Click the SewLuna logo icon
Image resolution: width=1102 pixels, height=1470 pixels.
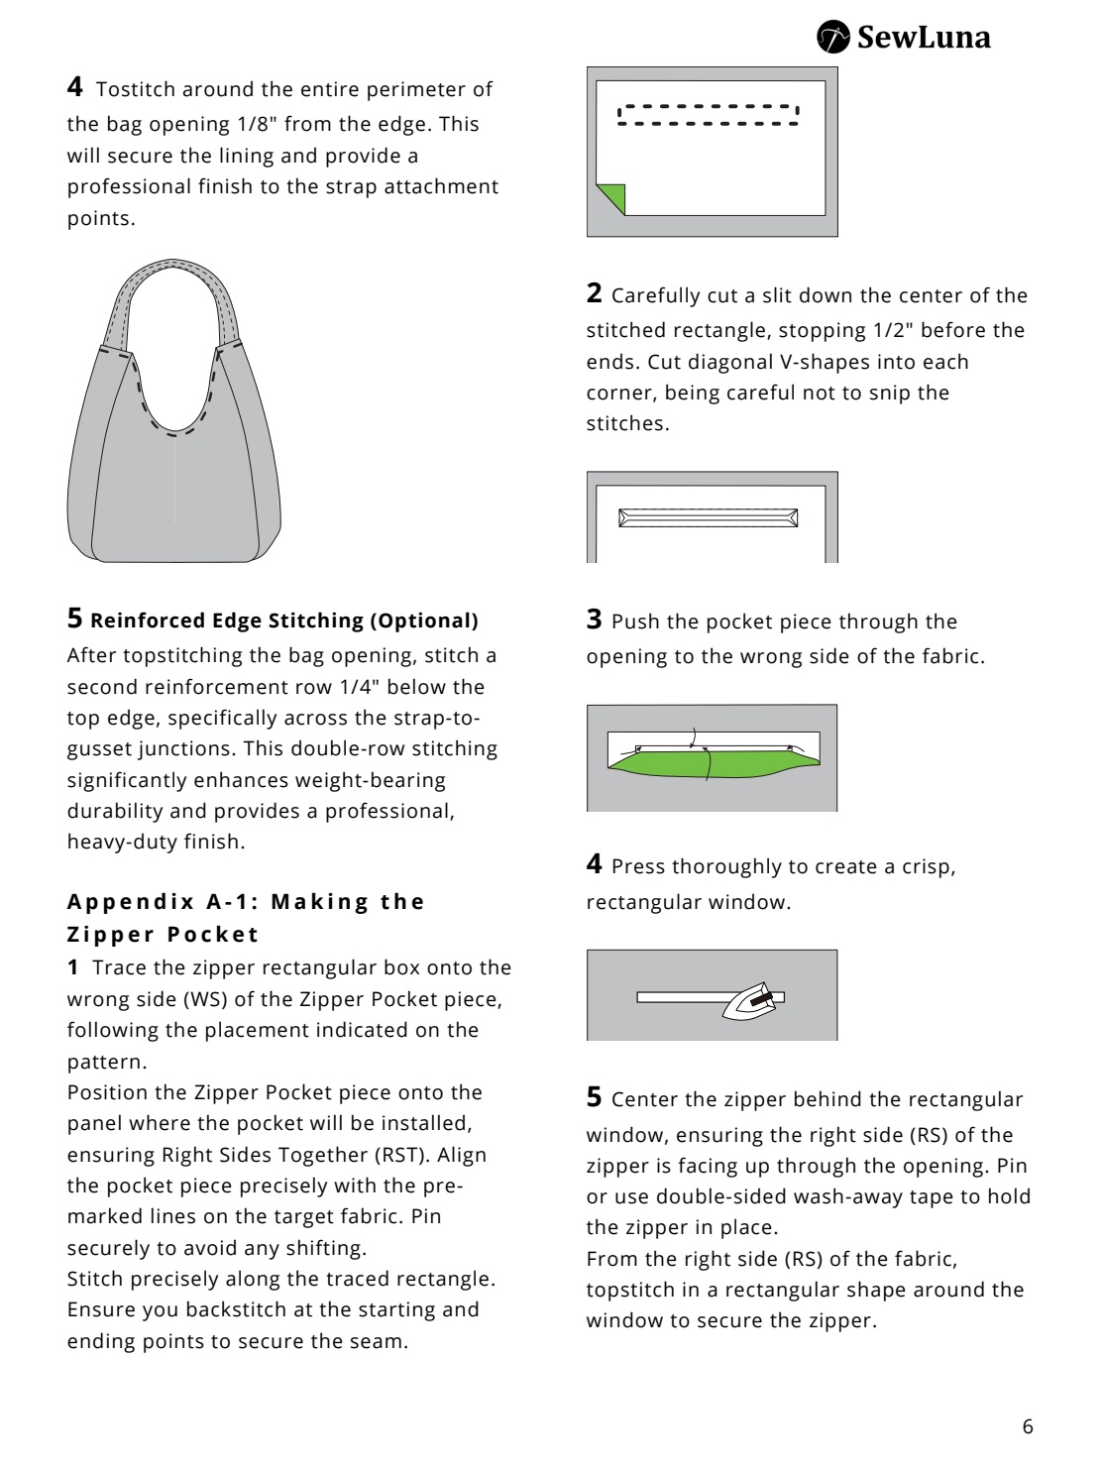[833, 39]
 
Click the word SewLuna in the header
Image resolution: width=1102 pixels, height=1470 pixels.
[923, 39]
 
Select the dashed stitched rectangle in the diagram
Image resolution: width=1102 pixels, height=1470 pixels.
[709, 115]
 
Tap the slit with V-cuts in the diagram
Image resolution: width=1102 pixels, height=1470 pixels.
[708, 517]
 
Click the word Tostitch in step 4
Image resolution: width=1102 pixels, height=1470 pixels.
[135, 89]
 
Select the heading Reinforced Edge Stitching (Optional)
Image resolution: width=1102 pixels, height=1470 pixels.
[284, 621]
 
